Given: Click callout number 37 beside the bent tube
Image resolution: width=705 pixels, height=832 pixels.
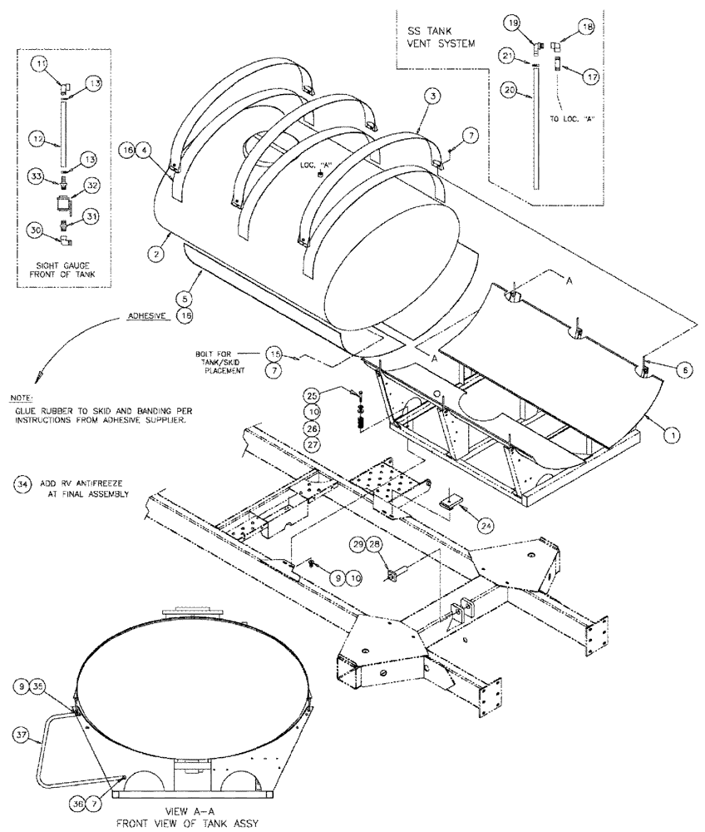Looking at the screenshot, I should click(x=22, y=733).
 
